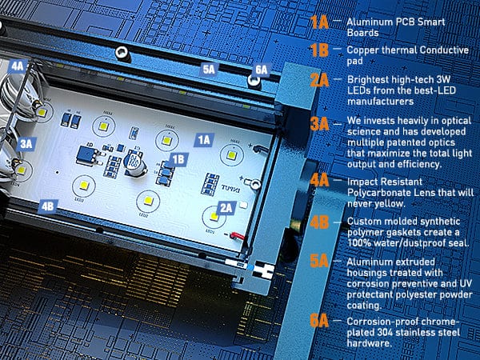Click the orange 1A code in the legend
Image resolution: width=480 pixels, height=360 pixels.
(x=319, y=22)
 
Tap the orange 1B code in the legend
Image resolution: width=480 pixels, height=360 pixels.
(x=319, y=50)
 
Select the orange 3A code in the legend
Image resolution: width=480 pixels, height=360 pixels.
(x=319, y=124)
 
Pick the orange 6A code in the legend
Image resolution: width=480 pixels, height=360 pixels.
(x=319, y=321)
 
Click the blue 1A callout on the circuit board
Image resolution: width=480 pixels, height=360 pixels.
(x=204, y=140)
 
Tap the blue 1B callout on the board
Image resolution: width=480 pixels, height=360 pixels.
(x=178, y=159)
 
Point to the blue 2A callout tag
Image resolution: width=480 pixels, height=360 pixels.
(x=226, y=208)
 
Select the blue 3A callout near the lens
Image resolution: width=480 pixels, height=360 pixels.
(x=26, y=143)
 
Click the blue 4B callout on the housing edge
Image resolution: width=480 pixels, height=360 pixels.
(x=48, y=206)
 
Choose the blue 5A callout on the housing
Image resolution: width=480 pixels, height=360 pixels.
(x=209, y=70)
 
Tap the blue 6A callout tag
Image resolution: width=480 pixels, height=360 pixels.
(x=261, y=70)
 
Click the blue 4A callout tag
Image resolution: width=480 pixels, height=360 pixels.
(x=18, y=66)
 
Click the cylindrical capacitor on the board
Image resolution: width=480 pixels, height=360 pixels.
(x=135, y=162)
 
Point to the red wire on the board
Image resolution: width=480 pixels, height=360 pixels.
(x=238, y=236)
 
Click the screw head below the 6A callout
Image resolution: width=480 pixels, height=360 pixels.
(x=254, y=81)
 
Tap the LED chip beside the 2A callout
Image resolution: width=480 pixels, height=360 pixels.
(x=214, y=217)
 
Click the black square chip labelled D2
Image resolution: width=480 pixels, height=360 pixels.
(x=86, y=155)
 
